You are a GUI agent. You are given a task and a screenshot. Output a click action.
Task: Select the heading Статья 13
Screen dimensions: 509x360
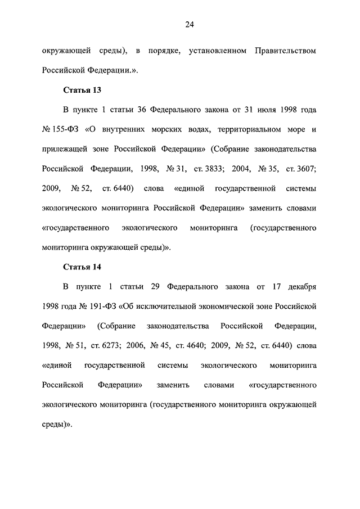coord(82,89)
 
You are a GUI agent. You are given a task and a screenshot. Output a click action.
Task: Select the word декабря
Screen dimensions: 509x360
coord(299,287)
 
